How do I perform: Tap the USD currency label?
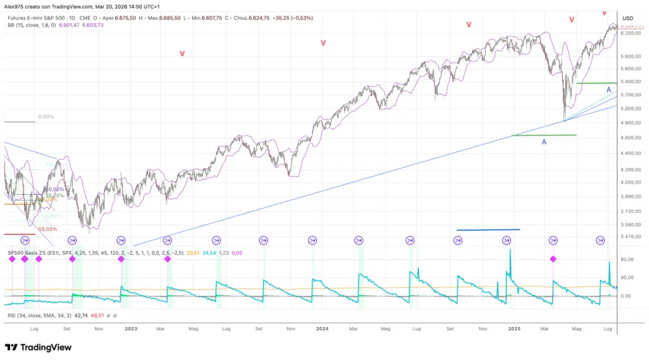coord(627,18)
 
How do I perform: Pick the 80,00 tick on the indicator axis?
coord(627,260)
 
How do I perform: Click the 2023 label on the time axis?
coord(131,329)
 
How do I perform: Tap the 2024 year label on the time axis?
coord(322,329)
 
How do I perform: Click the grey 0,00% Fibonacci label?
coord(46,117)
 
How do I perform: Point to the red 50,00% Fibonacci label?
coord(47,229)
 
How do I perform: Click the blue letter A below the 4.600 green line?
coord(544,143)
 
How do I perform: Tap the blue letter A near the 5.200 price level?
coord(608,91)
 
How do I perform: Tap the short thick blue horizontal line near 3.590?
coord(488,229)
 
